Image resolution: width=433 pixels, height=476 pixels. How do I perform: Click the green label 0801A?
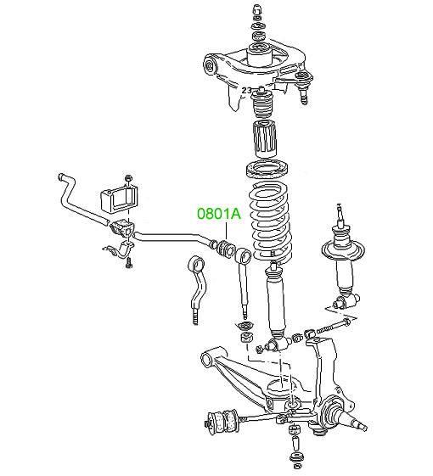tap(219, 214)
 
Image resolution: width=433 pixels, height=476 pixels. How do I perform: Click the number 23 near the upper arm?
tap(246, 90)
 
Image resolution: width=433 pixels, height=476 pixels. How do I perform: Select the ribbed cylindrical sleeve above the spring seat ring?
tap(264, 138)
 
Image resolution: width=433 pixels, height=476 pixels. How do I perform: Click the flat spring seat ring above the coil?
tap(267, 170)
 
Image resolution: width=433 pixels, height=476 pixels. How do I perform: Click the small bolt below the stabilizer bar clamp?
tap(129, 263)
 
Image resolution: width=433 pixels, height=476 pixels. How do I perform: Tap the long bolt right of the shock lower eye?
tap(334, 327)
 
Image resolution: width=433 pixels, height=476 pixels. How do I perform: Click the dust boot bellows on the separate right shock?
tap(342, 236)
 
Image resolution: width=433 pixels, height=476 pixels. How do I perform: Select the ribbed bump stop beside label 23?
tap(263, 104)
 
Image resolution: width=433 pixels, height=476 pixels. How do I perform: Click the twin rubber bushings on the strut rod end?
tap(222, 420)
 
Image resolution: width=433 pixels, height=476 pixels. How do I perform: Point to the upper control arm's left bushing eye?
tap(210, 65)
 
